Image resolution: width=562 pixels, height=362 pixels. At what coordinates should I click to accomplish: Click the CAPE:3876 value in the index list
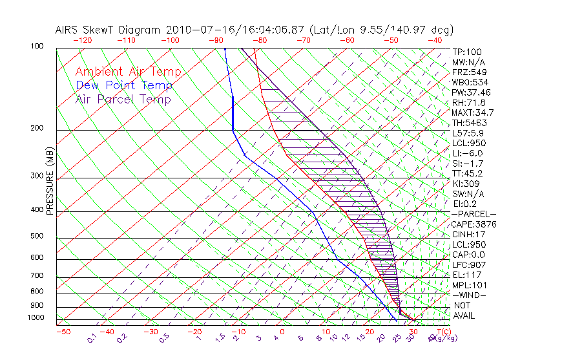474,224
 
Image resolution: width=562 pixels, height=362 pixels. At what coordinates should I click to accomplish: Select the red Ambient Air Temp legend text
128,72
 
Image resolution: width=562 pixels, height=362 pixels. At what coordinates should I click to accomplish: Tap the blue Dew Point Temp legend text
124,85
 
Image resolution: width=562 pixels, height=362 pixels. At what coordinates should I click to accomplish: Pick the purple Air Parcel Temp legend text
123,99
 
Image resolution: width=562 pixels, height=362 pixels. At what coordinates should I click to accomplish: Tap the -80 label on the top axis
259,40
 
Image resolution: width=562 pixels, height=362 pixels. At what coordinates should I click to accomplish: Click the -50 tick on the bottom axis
63,332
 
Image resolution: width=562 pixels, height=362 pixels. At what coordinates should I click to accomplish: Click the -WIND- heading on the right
470,295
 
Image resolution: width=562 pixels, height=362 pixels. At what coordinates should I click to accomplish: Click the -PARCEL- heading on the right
474,214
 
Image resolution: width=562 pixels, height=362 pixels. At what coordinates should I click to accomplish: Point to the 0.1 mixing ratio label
92,337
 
